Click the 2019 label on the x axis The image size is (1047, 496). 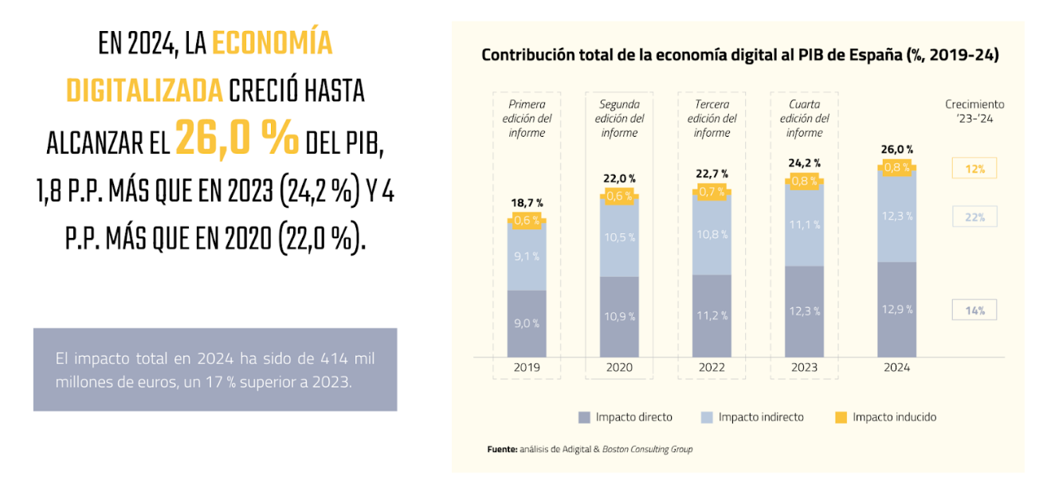(x=527, y=368)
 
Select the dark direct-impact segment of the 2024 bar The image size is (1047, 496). (x=897, y=309)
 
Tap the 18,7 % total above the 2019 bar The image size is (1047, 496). (x=527, y=203)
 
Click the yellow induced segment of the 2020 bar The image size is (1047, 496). (x=619, y=196)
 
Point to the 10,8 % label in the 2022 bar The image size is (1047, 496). (x=712, y=234)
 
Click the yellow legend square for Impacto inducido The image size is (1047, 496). (x=840, y=417)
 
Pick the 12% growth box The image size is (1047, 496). (x=974, y=169)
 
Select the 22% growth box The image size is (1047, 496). (x=974, y=217)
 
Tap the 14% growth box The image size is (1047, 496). (x=974, y=310)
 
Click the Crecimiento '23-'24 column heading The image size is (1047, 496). (x=974, y=111)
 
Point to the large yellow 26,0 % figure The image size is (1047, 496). (x=237, y=137)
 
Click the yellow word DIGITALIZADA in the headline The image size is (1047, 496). (x=143, y=92)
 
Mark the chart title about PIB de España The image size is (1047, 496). (x=740, y=56)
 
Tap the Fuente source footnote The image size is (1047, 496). (x=590, y=449)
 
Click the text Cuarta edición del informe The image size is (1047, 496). (x=805, y=119)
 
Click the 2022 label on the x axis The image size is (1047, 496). (x=712, y=368)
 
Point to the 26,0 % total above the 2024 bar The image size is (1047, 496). (x=897, y=150)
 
